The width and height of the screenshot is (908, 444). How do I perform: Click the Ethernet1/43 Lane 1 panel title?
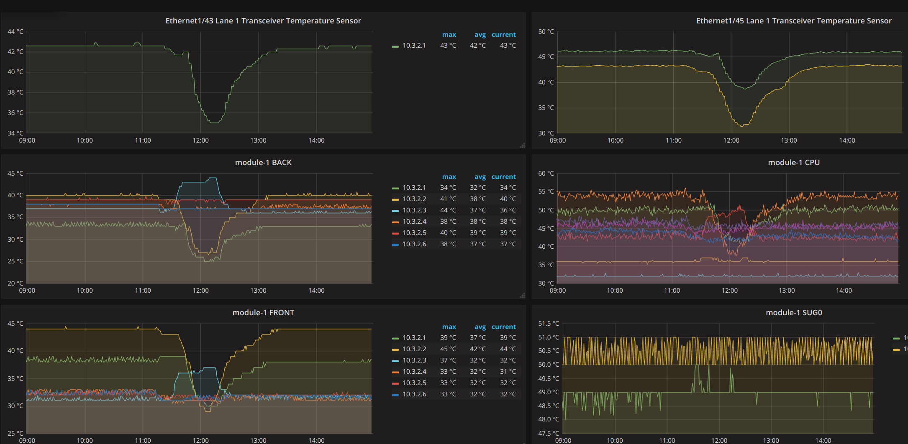263,21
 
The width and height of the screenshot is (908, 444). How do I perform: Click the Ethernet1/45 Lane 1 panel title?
794,21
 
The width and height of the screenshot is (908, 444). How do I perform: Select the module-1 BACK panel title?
263,163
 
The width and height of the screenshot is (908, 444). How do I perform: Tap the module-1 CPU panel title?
794,163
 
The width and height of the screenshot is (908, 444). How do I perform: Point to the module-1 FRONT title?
263,313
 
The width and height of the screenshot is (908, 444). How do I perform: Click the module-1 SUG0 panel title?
794,313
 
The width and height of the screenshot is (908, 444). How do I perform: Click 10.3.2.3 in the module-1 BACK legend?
414,210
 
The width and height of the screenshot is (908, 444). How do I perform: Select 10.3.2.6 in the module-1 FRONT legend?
414,394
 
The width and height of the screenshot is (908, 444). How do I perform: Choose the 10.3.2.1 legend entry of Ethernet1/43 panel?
414,46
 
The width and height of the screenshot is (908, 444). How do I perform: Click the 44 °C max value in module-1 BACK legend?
448,210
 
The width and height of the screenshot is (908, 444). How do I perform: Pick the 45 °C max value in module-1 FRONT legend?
448,349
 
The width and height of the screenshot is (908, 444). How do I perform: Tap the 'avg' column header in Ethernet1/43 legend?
480,35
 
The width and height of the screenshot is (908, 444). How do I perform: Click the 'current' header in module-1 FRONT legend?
504,327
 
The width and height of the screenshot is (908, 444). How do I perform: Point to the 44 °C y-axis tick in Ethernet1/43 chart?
15,32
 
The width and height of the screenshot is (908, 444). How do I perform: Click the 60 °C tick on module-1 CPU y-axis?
546,174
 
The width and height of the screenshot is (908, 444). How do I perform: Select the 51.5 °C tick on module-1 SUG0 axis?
549,324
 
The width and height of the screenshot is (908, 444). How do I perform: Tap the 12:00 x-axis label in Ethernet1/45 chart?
731,140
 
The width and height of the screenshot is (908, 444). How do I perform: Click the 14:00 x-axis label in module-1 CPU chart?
844,291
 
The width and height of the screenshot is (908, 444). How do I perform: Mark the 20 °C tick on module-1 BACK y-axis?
15,283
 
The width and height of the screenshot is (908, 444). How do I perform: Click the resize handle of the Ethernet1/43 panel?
522,145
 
